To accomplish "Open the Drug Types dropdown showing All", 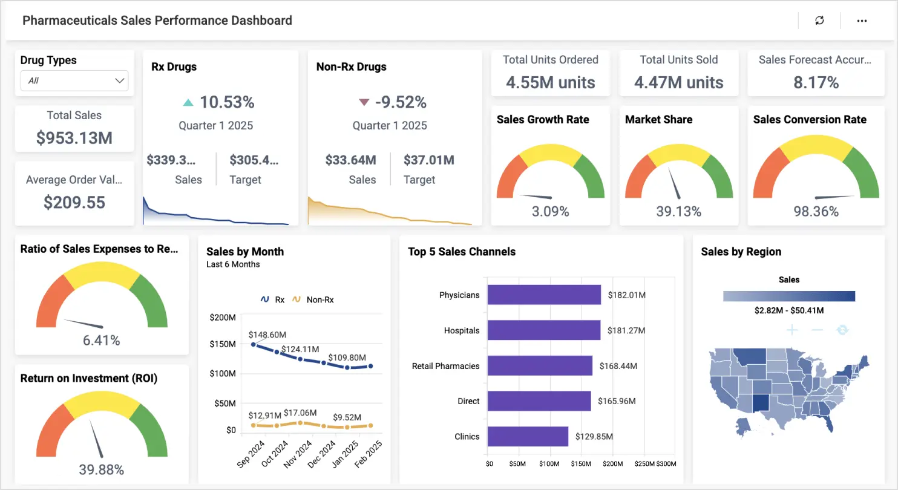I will pos(74,80).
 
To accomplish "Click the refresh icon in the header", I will pos(819,21).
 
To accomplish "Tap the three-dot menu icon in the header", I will pos(862,21).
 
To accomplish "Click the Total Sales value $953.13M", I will pos(74,138).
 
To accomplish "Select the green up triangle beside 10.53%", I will pos(188,103).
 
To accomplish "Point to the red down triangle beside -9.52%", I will pos(364,103).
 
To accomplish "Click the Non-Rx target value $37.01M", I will pos(428,160).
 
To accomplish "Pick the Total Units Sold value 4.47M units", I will pos(678,82).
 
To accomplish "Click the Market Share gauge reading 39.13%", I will pos(678,212).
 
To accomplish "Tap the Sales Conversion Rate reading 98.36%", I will pos(816,212).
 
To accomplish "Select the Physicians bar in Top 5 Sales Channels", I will pos(543,295).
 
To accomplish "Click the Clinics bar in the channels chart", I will pos(527,436).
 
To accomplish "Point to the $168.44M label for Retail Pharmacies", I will pos(618,366).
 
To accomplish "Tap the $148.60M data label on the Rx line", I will pos(267,335).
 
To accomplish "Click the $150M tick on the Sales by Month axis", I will pos(223,344).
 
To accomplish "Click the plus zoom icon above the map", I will pos(792,330).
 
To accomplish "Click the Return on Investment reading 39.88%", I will pos(102,470).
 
